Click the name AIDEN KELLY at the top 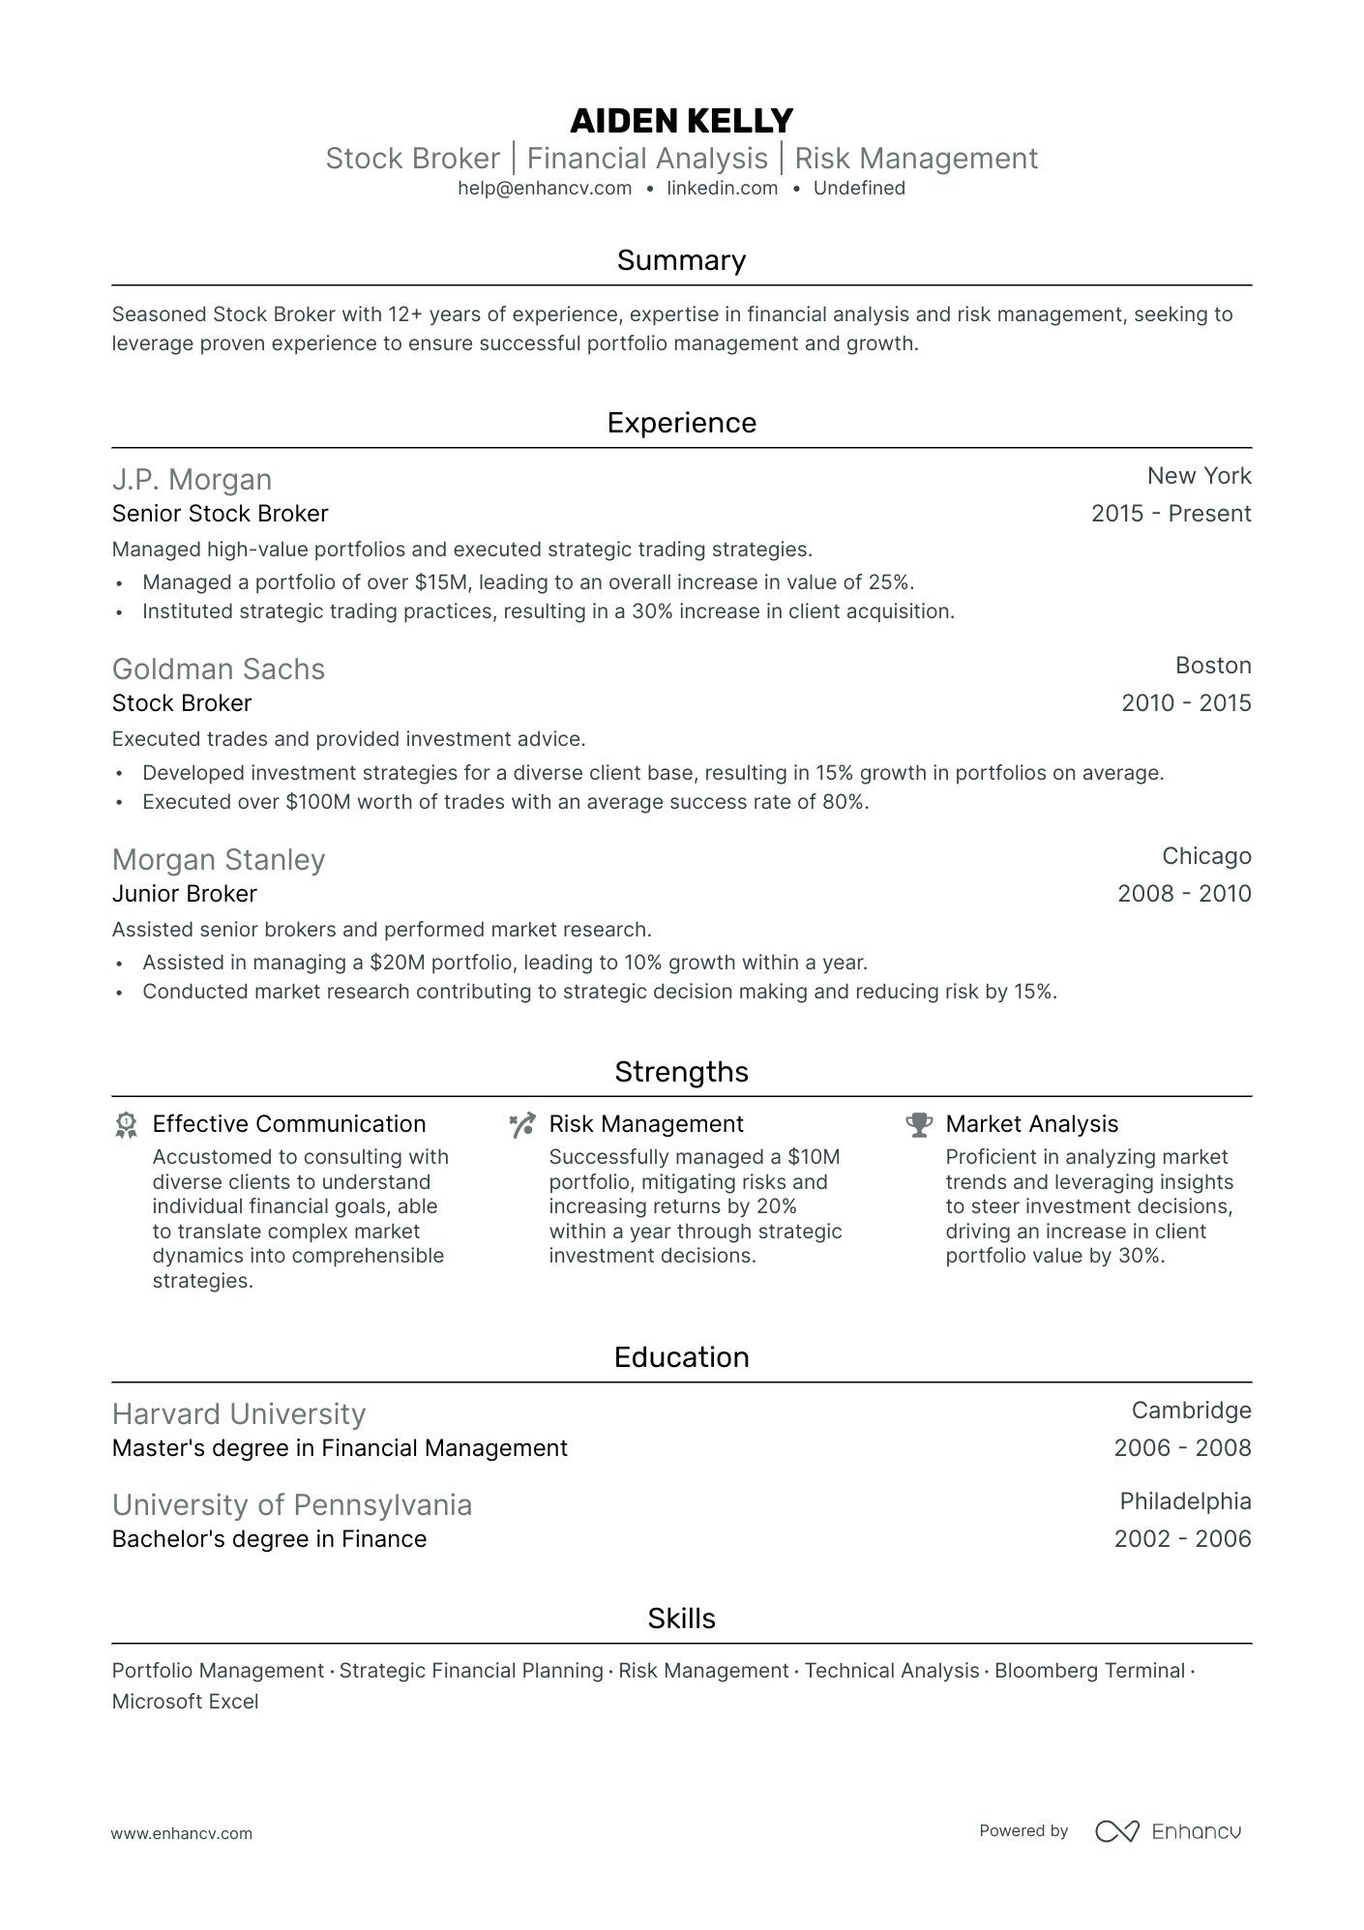(x=681, y=121)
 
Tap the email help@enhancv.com (x=545, y=189)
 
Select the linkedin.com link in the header (x=722, y=189)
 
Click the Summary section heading (x=681, y=260)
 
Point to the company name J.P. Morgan (x=192, y=480)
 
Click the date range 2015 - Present (x=1171, y=514)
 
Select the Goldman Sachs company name (x=219, y=669)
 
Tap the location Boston (x=1213, y=666)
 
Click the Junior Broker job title (x=185, y=894)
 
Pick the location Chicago (x=1206, y=856)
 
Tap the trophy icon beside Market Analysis (x=918, y=1124)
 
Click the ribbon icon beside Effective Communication (x=126, y=1124)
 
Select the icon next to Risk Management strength (x=522, y=1124)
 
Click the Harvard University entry (x=239, y=1414)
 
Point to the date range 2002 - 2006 (x=1182, y=1539)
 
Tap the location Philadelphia (x=1185, y=1501)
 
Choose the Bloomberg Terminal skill (x=1089, y=1671)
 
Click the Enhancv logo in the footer (x=1168, y=1831)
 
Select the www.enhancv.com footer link (x=182, y=1833)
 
